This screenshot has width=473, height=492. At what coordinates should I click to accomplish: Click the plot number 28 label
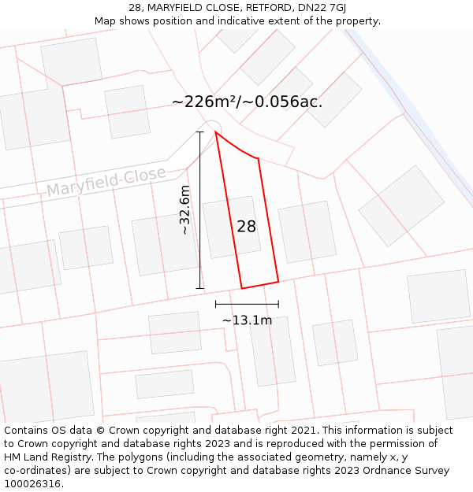(x=246, y=227)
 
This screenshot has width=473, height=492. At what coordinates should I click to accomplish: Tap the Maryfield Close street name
(x=106, y=182)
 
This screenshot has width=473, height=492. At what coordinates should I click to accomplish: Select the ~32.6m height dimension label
(x=184, y=210)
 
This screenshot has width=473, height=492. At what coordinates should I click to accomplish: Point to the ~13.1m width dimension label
(x=247, y=320)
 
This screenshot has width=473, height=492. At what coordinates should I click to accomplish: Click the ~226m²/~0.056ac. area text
(x=247, y=102)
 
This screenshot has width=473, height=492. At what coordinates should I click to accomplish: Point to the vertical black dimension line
(x=200, y=210)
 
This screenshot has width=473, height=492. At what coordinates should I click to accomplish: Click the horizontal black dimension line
(x=247, y=304)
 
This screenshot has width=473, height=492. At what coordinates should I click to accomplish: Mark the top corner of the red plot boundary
(x=215, y=132)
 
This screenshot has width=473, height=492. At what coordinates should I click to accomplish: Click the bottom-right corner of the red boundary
(x=278, y=281)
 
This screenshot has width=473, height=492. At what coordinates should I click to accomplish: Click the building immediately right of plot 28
(x=307, y=231)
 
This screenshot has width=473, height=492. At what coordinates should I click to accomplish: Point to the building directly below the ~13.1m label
(x=273, y=351)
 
